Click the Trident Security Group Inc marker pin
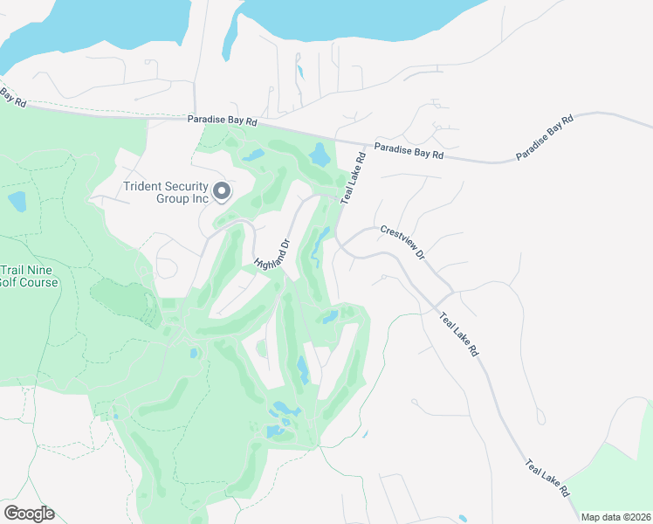[x=222, y=190]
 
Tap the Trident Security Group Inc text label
[x=166, y=191]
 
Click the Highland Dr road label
[x=272, y=253]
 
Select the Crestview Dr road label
[x=402, y=243]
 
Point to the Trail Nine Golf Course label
[x=30, y=276]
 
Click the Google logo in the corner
[x=29, y=514]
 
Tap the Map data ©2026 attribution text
[x=616, y=517]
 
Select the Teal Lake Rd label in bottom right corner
[x=548, y=479]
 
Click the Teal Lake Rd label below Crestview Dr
[x=459, y=334]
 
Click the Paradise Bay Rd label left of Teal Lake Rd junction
[x=223, y=121]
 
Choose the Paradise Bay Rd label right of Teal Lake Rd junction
[x=409, y=150]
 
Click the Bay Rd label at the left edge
[x=12, y=96]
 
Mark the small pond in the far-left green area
[x=17, y=202]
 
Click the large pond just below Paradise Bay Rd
[x=320, y=156]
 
